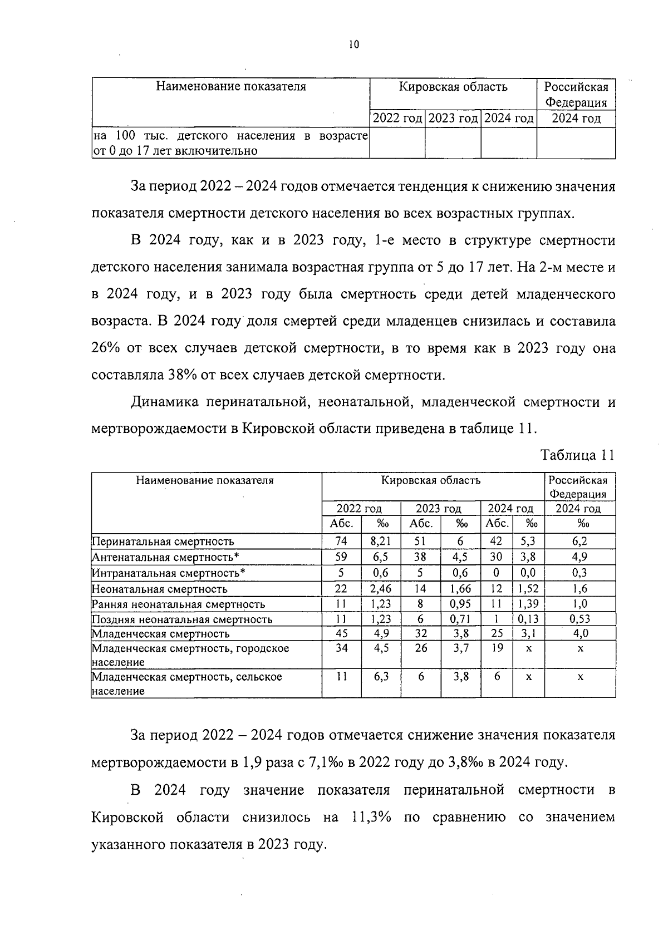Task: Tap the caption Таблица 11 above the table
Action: point(578,455)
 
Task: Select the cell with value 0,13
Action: point(528,619)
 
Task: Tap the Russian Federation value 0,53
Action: point(579,619)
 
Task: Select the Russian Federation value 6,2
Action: point(579,541)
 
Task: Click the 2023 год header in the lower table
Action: point(439,508)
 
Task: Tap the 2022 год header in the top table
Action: point(397,119)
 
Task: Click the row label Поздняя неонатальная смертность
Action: point(181,619)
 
